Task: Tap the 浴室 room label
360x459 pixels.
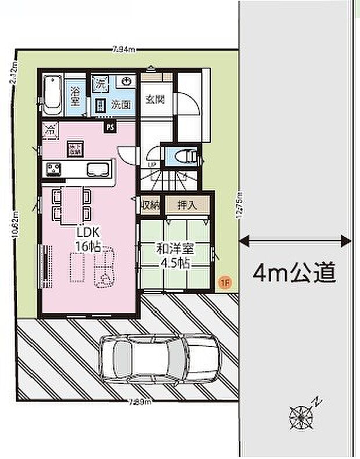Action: pyautogui.click(x=75, y=96)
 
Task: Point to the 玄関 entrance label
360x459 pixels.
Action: pyautogui.click(x=154, y=99)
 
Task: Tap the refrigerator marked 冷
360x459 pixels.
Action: pyautogui.click(x=51, y=130)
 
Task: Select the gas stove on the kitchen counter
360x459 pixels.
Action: pyautogui.click(x=55, y=169)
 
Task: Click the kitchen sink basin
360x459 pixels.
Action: pyautogui.click(x=96, y=169)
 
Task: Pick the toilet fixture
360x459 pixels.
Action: pyautogui.click(x=184, y=156)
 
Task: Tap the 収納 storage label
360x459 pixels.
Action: pyautogui.click(x=150, y=204)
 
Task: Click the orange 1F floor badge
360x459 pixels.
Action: pyautogui.click(x=225, y=282)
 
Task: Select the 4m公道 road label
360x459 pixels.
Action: pyautogui.click(x=294, y=270)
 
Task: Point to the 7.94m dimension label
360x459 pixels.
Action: pyautogui.click(x=124, y=49)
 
